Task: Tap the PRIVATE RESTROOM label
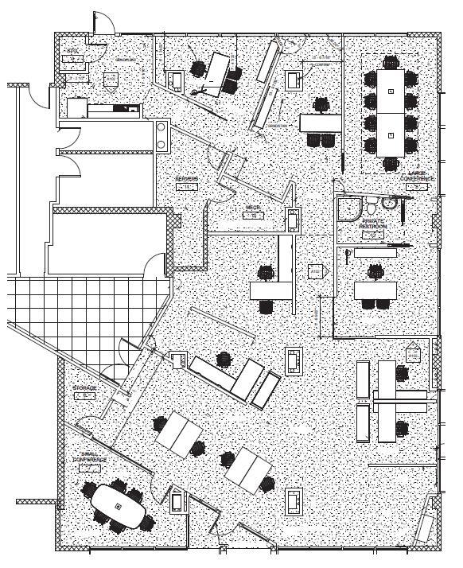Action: [x=373, y=224]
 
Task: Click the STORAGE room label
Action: [x=84, y=389]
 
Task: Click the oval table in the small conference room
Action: [x=120, y=506]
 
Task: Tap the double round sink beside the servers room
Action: [x=163, y=134]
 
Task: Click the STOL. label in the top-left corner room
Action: [x=72, y=52]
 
